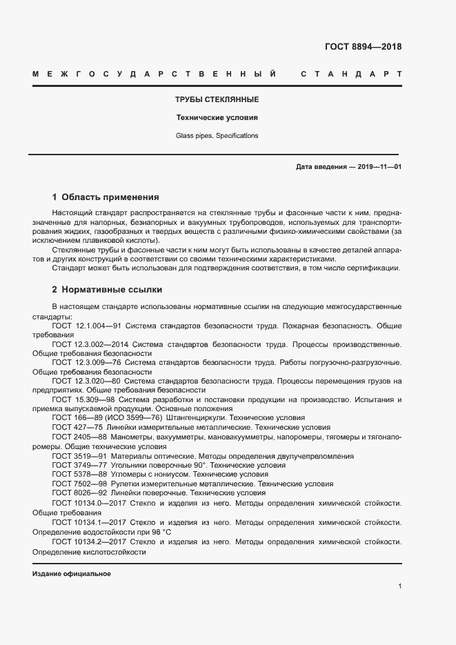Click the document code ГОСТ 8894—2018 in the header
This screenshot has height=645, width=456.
point(362,48)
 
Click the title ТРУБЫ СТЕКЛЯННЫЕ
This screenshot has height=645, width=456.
point(217,100)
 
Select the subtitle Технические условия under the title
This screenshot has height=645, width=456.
point(217,117)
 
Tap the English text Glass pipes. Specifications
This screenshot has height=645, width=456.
point(217,136)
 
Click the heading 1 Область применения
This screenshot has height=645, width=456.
point(106,197)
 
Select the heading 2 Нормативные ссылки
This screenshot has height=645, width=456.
point(107,289)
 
